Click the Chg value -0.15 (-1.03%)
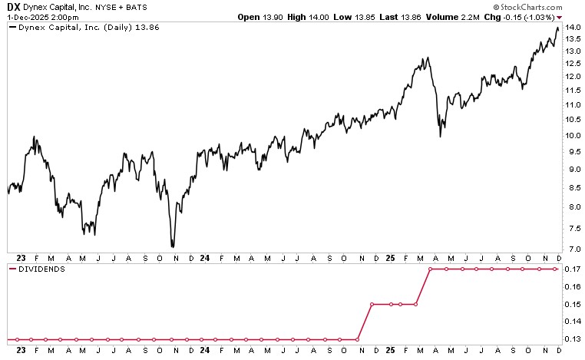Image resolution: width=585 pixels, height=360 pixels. pos(526,15)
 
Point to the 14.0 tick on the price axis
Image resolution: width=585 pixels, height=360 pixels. pos(572,28)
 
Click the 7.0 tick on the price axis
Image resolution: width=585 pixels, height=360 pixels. pos(572,249)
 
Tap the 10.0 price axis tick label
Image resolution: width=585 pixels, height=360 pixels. pos(572,136)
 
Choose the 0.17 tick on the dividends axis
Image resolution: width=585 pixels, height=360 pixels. pos(572,269)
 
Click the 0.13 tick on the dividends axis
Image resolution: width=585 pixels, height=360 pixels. pos(572,339)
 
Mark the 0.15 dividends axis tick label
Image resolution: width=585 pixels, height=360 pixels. pos(572,305)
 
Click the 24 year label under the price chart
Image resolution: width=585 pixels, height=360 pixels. pos(204,259)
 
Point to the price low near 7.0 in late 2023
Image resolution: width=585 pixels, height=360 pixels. pos(173,246)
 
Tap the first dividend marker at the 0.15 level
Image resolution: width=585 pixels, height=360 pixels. pos(372,305)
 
